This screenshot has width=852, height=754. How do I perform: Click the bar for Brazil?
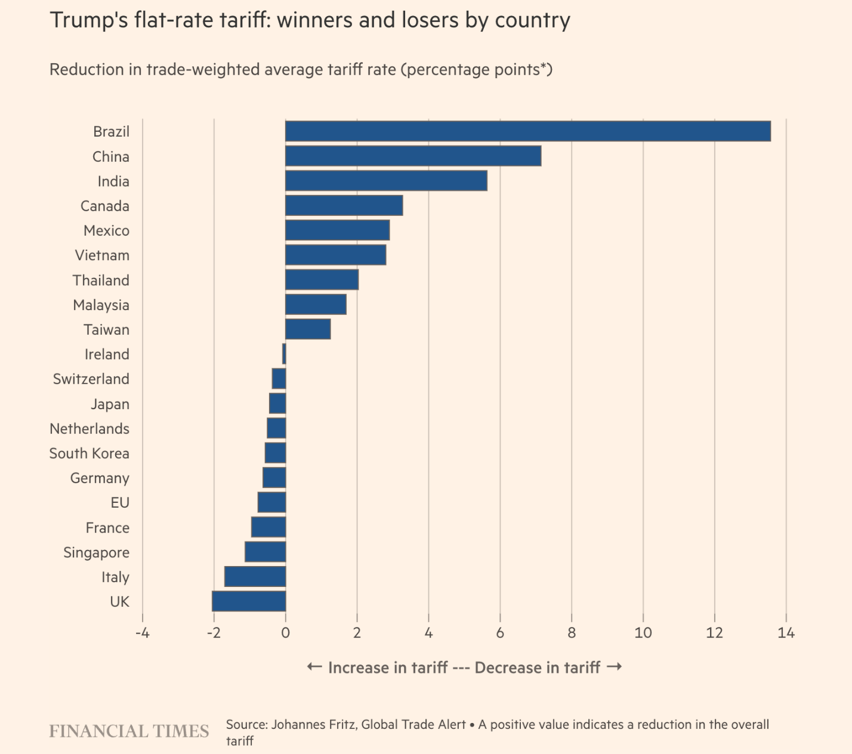[x=527, y=131]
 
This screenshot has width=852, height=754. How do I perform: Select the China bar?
[x=413, y=156]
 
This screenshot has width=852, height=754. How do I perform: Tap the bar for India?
[x=386, y=181]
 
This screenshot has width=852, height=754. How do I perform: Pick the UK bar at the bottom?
[x=249, y=601]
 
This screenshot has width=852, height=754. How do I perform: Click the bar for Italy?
[x=255, y=577]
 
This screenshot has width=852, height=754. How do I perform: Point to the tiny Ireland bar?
[x=284, y=354]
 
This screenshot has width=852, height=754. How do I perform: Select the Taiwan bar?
[x=308, y=329]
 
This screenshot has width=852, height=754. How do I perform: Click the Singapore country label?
[x=96, y=552]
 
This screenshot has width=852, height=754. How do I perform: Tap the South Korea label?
[x=89, y=453]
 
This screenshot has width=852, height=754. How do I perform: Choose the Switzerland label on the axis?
[x=91, y=379]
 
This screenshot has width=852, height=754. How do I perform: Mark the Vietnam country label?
[x=102, y=255]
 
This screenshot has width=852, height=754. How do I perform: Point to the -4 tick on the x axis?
[x=142, y=633]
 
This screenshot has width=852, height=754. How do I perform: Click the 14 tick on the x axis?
[x=786, y=633]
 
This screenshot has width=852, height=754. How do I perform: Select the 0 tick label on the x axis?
[x=285, y=633]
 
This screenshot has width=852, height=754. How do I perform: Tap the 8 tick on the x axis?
[x=572, y=633]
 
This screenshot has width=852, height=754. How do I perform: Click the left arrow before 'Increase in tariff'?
[x=314, y=667]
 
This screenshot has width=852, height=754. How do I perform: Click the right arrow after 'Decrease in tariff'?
[x=614, y=667]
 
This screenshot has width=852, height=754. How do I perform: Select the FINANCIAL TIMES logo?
[x=129, y=731]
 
